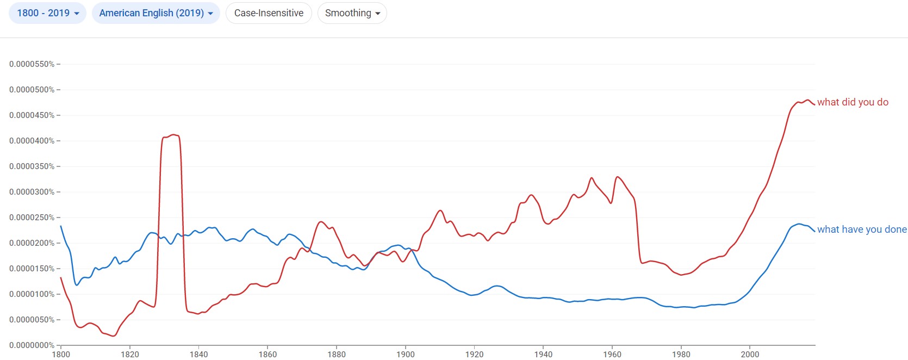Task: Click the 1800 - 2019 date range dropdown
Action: click(x=47, y=13)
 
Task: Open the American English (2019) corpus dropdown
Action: click(x=156, y=13)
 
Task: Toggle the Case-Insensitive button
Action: click(x=269, y=13)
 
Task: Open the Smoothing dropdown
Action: click(x=352, y=13)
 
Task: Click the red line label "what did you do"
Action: click(x=853, y=102)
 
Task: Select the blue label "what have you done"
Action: click(x=862, y=229)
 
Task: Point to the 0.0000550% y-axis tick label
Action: click(x=32, y=64)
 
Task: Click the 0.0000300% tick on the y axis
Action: click(x=32, y=192)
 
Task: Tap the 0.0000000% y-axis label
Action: click(x=32, y=345)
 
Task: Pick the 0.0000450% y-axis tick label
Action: click(x=32, y=115)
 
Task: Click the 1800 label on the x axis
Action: click(x=61, y=355)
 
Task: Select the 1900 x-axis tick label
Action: click(x=406, y=355)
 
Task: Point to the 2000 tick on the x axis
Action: click(x=750, y=355)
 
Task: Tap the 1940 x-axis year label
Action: click(x=543, y=355)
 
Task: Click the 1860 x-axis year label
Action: click(x=268, y=355)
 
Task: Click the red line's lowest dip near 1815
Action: click(x=113, y=336)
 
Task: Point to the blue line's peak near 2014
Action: click(x=799, y=224)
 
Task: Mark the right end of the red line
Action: click(x=814, y=104)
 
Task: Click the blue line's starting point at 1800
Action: click(x=61, y=226)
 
